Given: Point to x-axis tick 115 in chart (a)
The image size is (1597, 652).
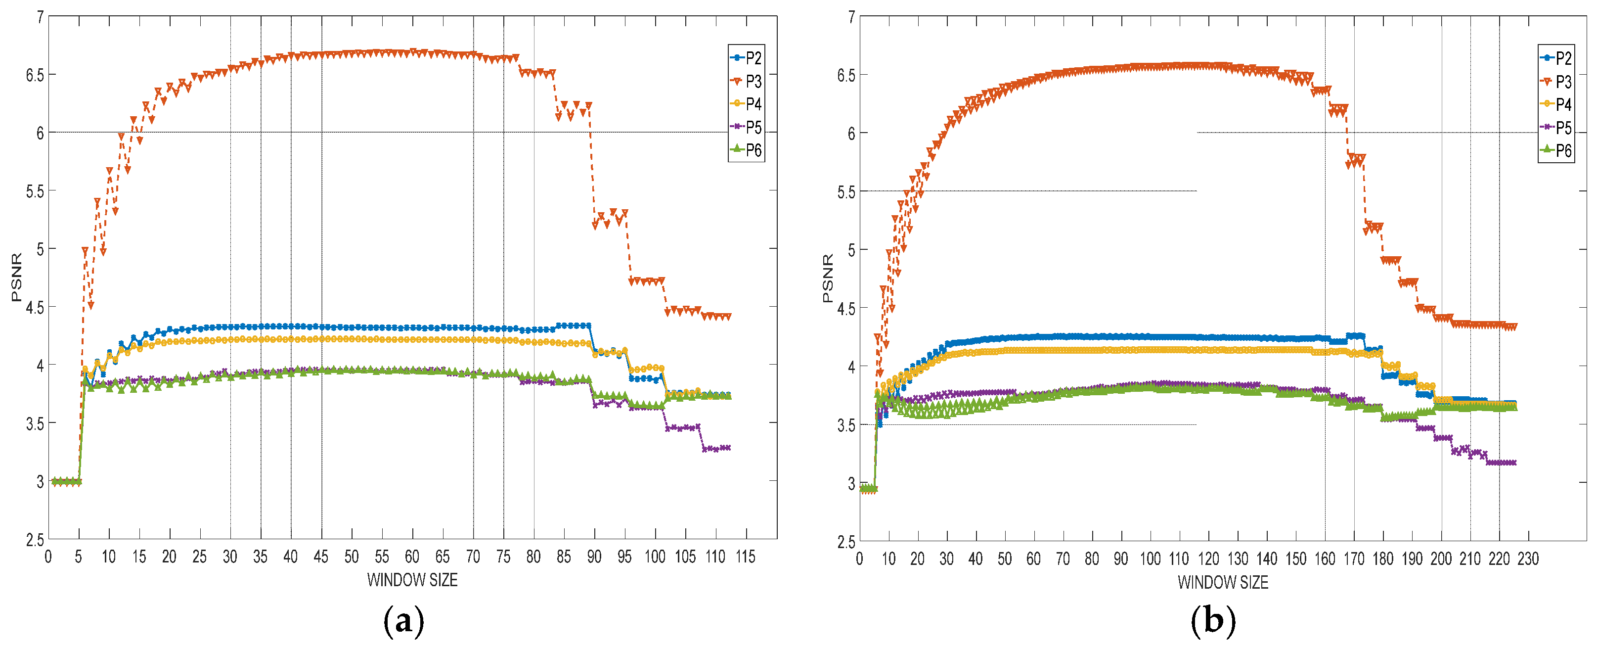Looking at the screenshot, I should point(745,557).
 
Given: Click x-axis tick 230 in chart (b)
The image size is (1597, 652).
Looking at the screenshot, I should point(1528,559).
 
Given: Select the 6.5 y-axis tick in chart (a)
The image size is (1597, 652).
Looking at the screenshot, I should point(35,75).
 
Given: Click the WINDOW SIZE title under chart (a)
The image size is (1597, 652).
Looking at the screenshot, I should point(412,580).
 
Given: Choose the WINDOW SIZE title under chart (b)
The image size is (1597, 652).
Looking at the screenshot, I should point(1223,583).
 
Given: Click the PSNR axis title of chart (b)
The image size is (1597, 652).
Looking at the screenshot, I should point(828,278).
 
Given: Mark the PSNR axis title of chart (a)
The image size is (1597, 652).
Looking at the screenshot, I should point(17,277).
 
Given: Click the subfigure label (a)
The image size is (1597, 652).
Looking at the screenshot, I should point(403,620).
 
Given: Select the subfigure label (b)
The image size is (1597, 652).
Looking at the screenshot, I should point(1213,620).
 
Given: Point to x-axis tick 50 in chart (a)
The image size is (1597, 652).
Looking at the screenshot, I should point(352,557).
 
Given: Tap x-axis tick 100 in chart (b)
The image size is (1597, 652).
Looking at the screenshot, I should point(1150,559).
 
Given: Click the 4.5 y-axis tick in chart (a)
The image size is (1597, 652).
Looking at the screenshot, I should point(35,307).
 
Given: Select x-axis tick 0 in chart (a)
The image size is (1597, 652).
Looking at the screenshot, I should point(48,557).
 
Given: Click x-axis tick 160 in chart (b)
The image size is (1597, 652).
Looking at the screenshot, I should point(1325,559).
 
